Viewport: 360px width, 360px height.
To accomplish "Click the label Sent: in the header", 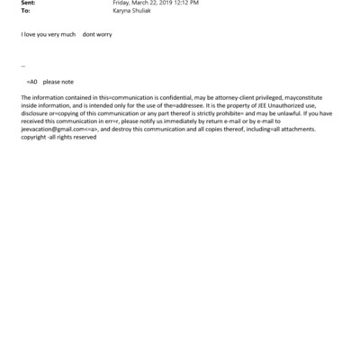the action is (27, 4).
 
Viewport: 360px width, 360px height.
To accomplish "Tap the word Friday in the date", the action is (122, 4).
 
